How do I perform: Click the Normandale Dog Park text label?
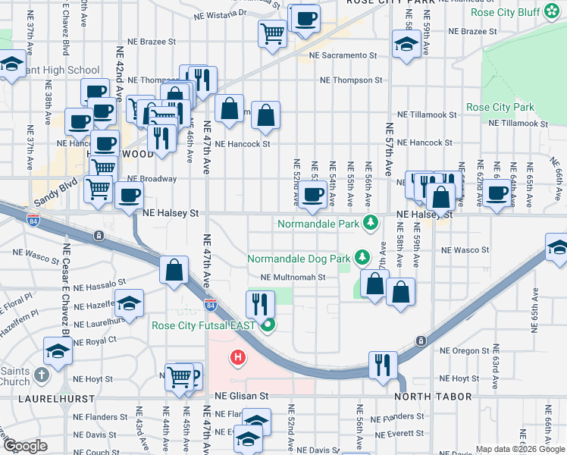[x=299, y=259]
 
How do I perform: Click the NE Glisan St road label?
[x=242, y=396]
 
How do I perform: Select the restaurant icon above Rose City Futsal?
[x=260, y=305]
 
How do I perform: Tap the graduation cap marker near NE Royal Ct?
[x=58, y=351]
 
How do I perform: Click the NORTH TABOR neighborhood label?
[x=433, y=397]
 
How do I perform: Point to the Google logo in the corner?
[x=25, y=446]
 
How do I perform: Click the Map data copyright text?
[x=520, y=449]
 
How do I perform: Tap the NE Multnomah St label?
[x=293, y=278]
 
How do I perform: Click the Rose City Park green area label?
[x=500, y=108]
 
